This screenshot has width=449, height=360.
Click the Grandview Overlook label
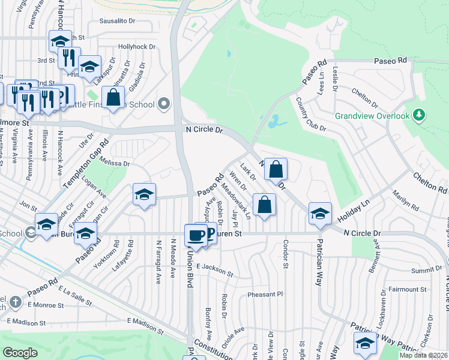pos(372,116)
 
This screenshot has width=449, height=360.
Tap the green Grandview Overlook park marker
pos(420,115)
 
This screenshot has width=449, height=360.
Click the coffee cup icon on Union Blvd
pos(194,235)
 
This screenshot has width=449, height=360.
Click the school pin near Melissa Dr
pos(144,194)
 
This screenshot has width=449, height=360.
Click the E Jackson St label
pos(214,269)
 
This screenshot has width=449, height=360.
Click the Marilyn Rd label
pos(406,201)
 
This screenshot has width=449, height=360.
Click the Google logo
pos(20,353)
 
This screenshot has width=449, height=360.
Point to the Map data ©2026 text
pos(423,355)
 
